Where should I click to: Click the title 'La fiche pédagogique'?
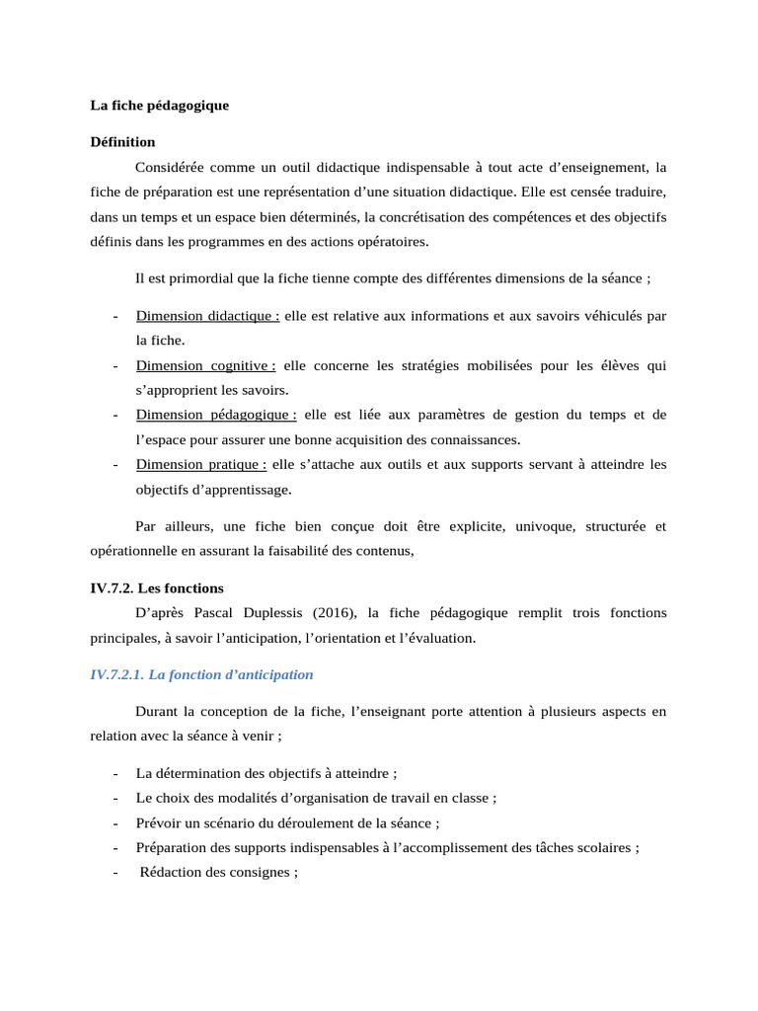(159, 105)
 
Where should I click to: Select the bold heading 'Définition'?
(122, 141)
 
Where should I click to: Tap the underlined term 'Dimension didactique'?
(207, 316)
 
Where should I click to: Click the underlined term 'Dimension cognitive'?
(205, 365)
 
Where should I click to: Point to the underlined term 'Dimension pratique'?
(201, 464)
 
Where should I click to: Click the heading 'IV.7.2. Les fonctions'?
(157, 588)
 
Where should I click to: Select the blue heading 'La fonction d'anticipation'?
(201, 674)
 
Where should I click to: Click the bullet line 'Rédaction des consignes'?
(218, 872)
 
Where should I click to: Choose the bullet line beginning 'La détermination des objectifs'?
(266, 773)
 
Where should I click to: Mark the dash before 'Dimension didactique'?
(116, 316)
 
